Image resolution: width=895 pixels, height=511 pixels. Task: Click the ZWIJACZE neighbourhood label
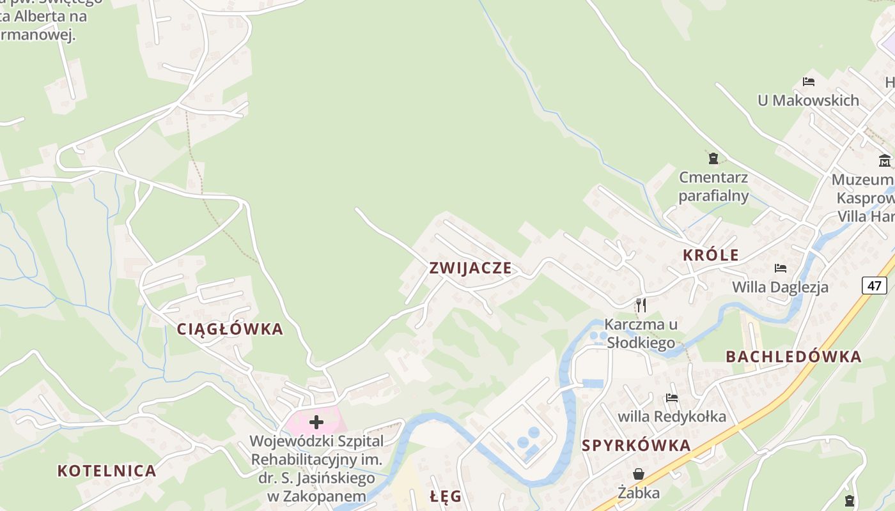click(x=471, y=268)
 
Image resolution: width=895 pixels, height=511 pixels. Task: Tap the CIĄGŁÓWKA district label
click(x=230, y=329)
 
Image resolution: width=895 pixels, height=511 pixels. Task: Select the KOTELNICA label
click(x=107, y=471)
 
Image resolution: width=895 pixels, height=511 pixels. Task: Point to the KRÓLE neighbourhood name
click(x=710, y=255)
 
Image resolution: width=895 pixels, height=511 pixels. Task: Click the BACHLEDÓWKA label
click(x=793, y=356)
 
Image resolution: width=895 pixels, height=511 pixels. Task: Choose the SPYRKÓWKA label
click(x=636, y=445)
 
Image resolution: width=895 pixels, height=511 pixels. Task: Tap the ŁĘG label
click(x=446, y=496)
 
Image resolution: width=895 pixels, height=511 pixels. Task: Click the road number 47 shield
click(x=874, y=285)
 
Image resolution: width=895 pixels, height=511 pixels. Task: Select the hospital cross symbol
click(x=316, y=422)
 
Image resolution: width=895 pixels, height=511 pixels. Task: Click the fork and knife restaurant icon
click(x=641, y=305)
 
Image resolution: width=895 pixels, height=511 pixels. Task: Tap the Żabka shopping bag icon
click(x=638, y=473)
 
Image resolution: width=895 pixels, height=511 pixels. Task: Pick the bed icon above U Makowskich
click(x=809, y=82)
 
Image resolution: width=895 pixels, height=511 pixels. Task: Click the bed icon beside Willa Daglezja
click(x=780, y=268)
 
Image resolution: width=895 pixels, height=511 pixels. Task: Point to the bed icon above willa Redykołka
click(x=671, y=397)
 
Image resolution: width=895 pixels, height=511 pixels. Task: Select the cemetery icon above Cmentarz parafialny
click(x=713, y=158)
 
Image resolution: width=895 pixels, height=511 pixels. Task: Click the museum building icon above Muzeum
click(x=885, y=160)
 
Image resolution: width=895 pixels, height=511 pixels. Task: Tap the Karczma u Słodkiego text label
click(x=641, y=333)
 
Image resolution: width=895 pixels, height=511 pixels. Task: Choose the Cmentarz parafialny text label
click(x=713, y=186)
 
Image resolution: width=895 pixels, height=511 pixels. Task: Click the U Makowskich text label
click(x=808, y=100)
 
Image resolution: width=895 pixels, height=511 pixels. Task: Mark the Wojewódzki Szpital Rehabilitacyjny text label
click(x=316, y=468)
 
